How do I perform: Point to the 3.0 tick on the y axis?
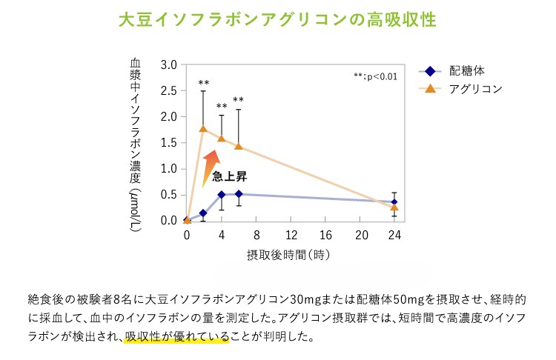(168, 65)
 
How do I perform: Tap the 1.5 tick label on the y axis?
(168, 143)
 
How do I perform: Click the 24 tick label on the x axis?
(394, 235)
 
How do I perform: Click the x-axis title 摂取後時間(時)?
(288, 254)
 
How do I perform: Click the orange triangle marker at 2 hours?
(204, 129)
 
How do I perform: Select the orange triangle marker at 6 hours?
(239, 146)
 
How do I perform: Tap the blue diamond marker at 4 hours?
(222, 195)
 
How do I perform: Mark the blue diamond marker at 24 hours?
(394, 201)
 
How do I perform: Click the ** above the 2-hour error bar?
(204, 83)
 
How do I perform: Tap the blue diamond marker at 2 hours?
(204, 213)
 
